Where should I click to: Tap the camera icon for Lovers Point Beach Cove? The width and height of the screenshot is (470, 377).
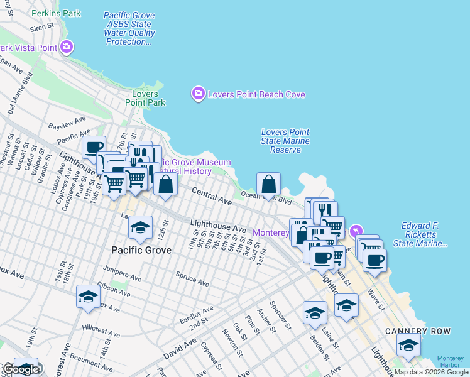pyautogui.click(x=199, y=94)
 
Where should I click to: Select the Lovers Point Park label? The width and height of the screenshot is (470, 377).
pyautogui.click(x=145, y=98)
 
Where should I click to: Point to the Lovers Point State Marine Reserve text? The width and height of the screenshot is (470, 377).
pyautogui.click(x=285, y=141)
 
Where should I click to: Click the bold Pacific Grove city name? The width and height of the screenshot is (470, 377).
pyautogui.click(x=141, y=250)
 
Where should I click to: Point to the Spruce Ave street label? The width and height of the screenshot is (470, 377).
pyautogui.click(x=192, y=280)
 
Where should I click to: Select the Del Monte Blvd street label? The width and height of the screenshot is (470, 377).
pyautogui.click(x=20, y=94)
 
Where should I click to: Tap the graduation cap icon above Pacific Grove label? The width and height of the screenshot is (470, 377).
pyautogui.click(x=141, y=228)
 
